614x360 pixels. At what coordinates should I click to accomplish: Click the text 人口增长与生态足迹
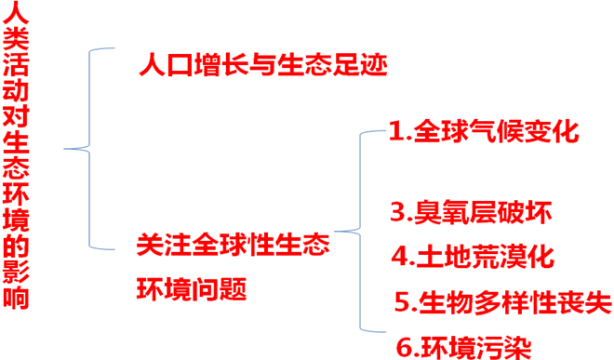pos(261,66)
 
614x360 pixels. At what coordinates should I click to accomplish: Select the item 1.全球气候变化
pos(484,131)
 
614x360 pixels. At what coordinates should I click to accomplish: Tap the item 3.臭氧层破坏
pos(471,212)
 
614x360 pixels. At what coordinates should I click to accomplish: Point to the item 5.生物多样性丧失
pos(502,301)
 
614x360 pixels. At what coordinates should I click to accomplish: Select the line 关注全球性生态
pos(233,247)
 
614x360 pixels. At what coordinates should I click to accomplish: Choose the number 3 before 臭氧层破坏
pos(396,213)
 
